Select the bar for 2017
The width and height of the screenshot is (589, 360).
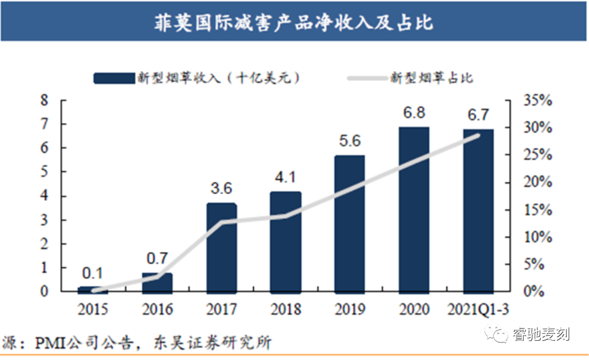221,247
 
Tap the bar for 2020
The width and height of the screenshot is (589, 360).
414,209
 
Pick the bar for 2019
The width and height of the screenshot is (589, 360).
350,223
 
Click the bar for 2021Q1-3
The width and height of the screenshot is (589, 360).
478,210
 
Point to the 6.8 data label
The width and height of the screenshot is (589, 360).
414,113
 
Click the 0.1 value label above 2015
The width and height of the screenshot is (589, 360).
93,272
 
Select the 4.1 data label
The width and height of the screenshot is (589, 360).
285,179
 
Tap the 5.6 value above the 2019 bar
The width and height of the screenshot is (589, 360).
350,141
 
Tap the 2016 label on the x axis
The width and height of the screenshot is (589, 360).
157,310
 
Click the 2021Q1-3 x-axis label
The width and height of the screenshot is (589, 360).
479,310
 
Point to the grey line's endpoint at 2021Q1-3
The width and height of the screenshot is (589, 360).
479,135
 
